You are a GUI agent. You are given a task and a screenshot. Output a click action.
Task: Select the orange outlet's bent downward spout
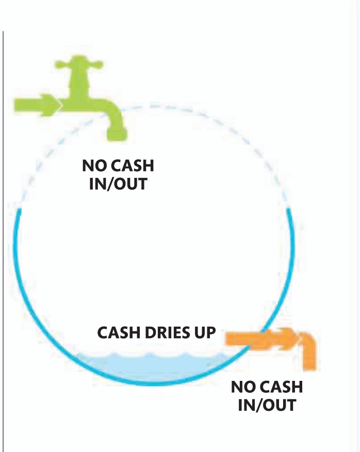[308, 350]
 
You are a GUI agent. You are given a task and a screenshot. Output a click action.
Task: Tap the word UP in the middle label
[204, 332]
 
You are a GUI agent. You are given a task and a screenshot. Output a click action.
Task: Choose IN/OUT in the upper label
[118, 184]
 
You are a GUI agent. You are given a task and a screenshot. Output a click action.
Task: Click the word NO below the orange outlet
[243, 387]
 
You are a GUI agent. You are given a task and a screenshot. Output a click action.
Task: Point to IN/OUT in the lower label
[267, 405]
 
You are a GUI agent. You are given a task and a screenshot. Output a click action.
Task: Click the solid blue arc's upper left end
[20, 211]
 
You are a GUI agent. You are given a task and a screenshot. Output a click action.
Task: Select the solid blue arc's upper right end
[289, 209]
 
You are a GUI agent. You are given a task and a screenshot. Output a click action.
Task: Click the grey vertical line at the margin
[4, 232]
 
